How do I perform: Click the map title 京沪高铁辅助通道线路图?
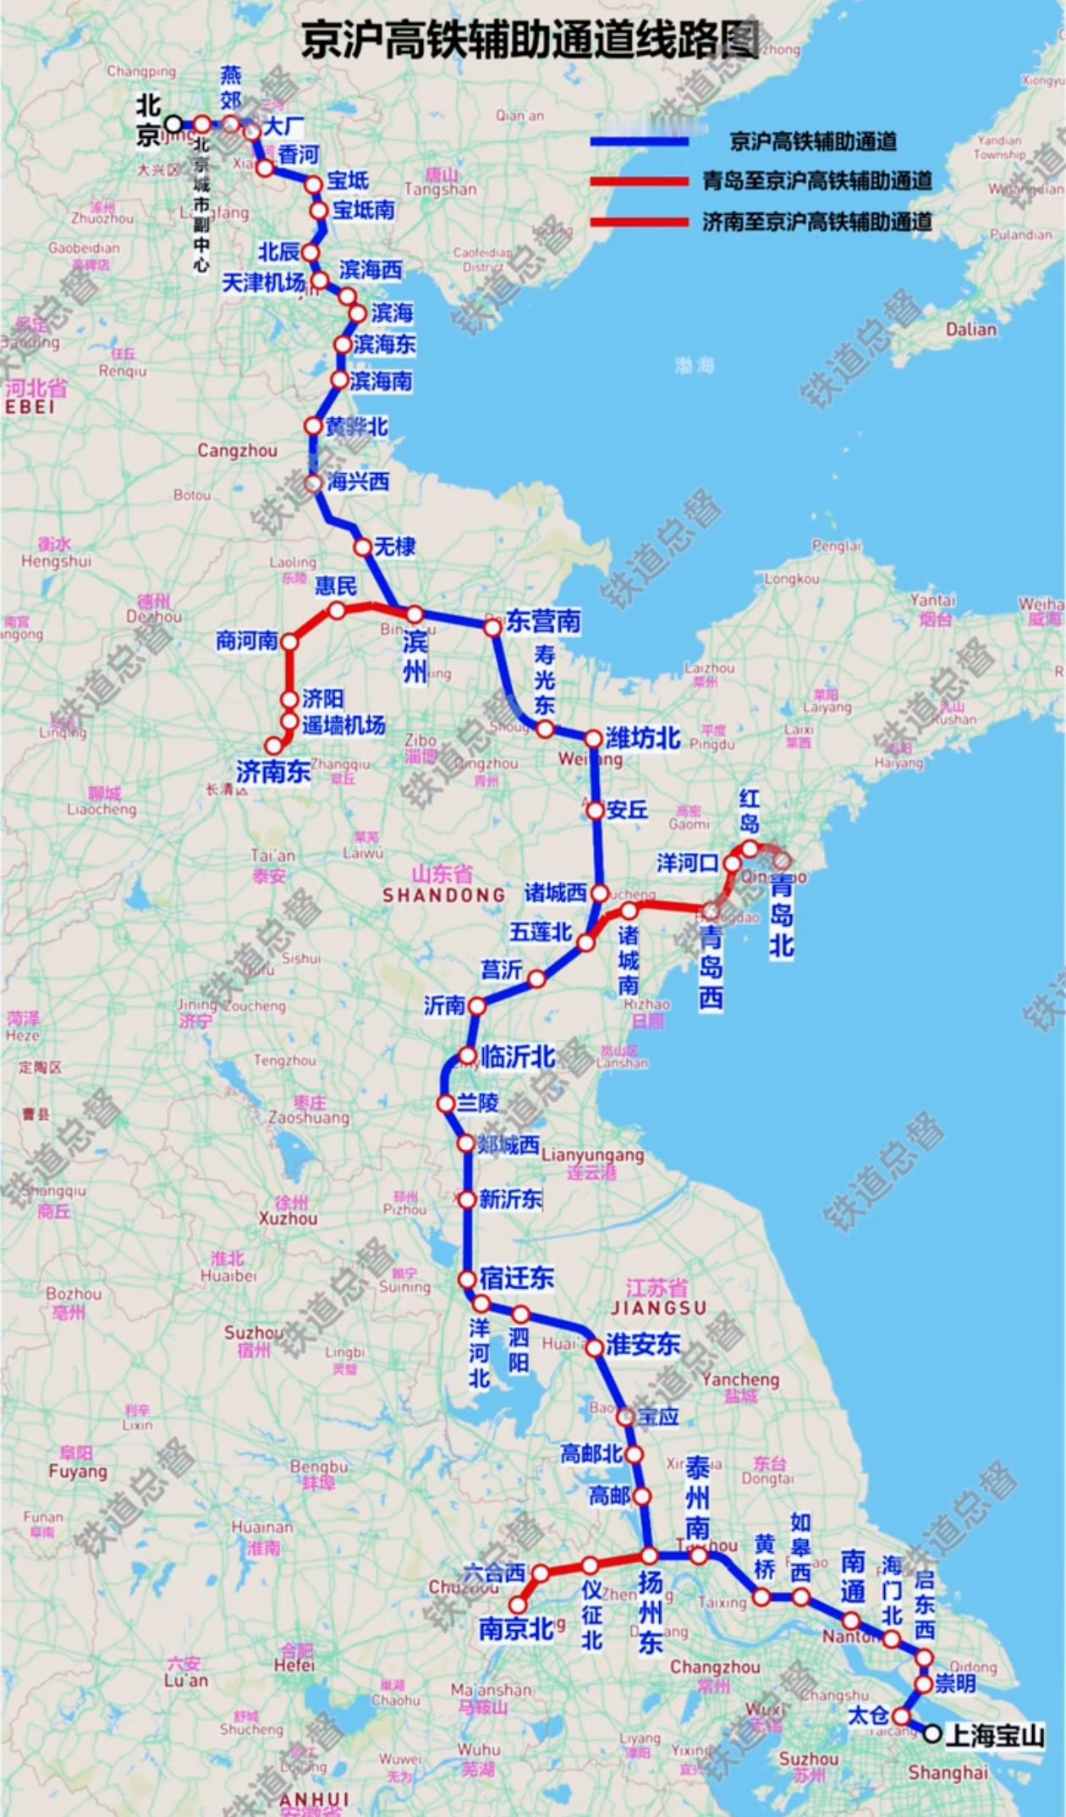(531, 40)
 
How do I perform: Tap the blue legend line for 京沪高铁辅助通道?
(640, 141)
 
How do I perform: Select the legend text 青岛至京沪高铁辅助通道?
(816, 181)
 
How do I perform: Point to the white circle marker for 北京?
(173, 124)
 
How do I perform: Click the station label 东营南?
(544, 622)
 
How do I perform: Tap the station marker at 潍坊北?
(593, 739)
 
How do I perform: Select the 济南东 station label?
(273, 771)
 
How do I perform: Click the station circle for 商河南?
(289, 642)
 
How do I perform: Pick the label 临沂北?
(518, 1056)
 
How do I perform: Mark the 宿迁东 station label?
(516, 1278)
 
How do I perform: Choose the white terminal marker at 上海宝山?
(932, 1734)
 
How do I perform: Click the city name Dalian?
(970, 329)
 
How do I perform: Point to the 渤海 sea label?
(695, 365)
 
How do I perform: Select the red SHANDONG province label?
(443, 895)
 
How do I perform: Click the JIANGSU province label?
(658, 1308)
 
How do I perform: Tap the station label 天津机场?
(263, 283)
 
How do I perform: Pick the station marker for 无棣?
(363, 548)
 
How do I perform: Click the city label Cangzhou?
(237, 451)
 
